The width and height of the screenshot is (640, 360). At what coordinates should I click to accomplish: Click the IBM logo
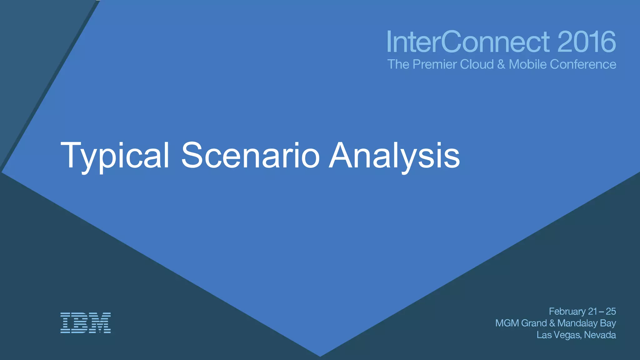(85, 322)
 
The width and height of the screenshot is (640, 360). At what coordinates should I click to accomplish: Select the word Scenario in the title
(250, 156)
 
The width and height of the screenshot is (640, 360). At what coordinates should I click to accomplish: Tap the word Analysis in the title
(394, 156)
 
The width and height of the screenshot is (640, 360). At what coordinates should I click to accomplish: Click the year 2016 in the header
(586, 42)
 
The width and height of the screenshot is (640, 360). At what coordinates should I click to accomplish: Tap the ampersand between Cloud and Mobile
(501, 64)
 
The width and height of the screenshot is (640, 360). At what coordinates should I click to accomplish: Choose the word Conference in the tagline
(583, 64)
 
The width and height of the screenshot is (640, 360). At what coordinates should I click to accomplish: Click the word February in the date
(567, 312)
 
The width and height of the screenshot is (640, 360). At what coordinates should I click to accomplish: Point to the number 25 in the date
(611, 312)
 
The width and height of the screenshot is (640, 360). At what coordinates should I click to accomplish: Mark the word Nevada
(600, 335)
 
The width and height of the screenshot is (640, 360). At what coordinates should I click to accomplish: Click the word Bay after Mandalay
(608, 323)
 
